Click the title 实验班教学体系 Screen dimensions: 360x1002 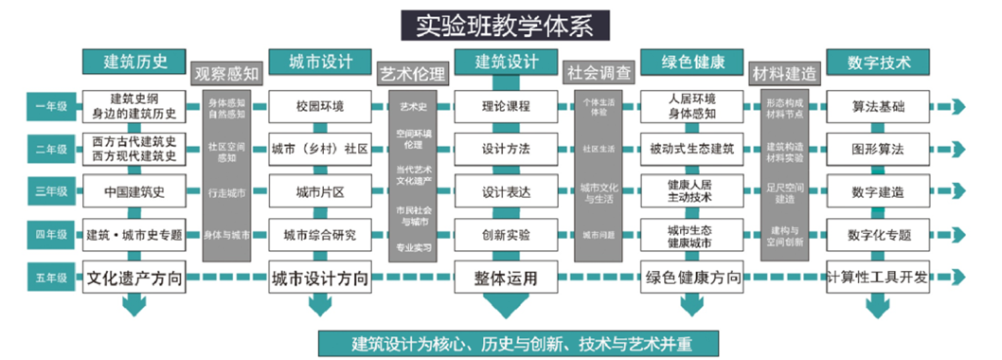point(498,24)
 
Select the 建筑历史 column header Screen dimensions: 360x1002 point(135,63)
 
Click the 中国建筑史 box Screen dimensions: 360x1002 point(135,192)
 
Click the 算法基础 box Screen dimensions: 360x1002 point(876,106)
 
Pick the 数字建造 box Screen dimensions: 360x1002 point(876,192)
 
